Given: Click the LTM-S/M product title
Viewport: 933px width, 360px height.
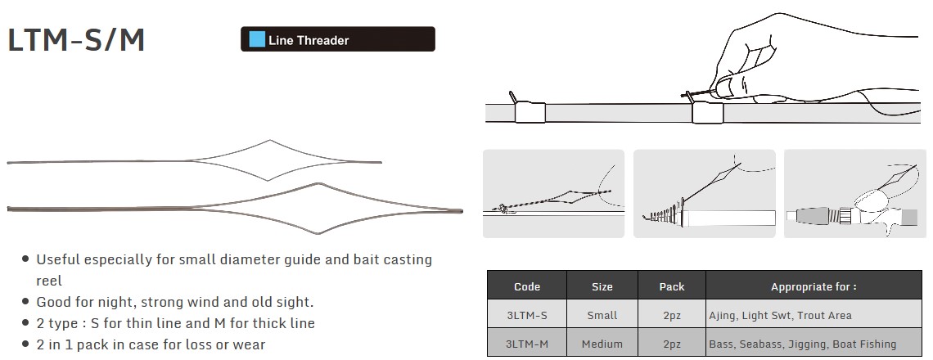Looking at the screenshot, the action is (76, 40).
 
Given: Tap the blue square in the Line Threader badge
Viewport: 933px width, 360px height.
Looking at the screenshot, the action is (257, 40).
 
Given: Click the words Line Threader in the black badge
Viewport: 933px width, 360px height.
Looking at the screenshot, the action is (309, 40).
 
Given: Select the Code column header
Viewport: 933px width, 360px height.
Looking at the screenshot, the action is (526, 287).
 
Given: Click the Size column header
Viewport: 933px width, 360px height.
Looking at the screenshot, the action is (602, 287).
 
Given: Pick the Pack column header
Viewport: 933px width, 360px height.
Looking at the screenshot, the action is (672, 287).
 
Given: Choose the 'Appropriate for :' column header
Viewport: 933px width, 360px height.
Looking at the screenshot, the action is (814, 287).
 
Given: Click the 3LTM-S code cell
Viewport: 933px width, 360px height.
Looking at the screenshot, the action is (526, 315).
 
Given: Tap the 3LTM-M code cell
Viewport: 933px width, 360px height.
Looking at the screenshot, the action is (526, 344).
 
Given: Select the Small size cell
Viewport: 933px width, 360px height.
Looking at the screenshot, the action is (602, 315).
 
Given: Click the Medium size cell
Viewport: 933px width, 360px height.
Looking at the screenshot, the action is (602, 344).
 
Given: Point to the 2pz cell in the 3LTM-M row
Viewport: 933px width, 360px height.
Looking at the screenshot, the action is (672, 344).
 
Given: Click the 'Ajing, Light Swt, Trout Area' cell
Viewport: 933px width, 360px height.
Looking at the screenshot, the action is (780, 315).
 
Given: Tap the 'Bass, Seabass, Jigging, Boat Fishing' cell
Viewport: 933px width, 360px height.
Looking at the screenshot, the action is (803, 344).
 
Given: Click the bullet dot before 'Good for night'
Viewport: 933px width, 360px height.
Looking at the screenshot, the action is (25, 302).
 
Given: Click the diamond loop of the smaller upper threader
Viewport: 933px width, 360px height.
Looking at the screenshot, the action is (269, 141).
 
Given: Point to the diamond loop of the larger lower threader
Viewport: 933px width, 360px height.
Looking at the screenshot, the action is (319, 184).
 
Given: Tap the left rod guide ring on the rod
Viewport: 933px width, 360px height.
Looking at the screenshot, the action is (530, 112).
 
